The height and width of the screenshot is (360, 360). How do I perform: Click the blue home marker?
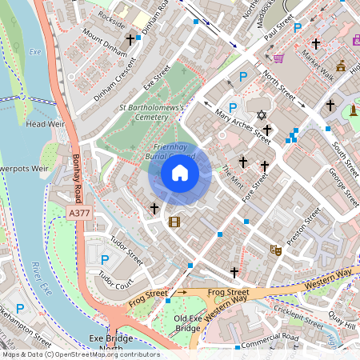[x=180, y=173]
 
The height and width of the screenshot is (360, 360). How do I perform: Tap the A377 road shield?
[x=80, y=213]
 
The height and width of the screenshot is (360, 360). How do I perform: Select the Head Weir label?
[x=44, y=124]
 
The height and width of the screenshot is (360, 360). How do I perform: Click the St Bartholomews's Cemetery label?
[x=152, y=111]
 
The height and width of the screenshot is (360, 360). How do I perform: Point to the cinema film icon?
[x=174, y=222]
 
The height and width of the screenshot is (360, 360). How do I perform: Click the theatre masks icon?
[x=275, y=250]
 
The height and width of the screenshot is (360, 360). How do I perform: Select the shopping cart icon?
[x=278, y=58]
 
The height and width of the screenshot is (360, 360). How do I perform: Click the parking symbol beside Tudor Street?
[x=104, y=258]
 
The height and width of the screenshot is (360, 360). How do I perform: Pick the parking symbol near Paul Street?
[x=298, y=27]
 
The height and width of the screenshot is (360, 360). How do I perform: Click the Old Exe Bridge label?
[x=188, y=323]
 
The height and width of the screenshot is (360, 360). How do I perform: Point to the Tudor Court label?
[x=115, y=280]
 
